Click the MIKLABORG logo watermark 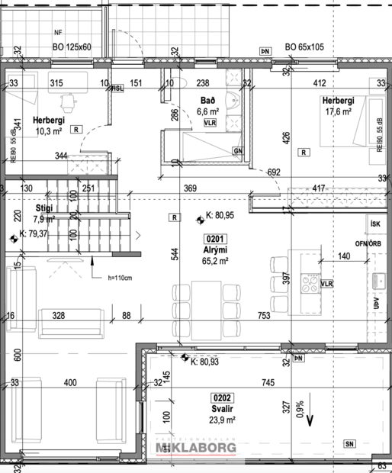tap(196, 449)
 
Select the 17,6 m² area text tap(336, 111)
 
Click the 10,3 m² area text tap(48, 131)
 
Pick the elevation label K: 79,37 tap(34, 233)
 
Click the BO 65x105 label tap(304, 47)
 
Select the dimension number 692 tap(275, 172)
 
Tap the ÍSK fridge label tap(374, 224)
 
